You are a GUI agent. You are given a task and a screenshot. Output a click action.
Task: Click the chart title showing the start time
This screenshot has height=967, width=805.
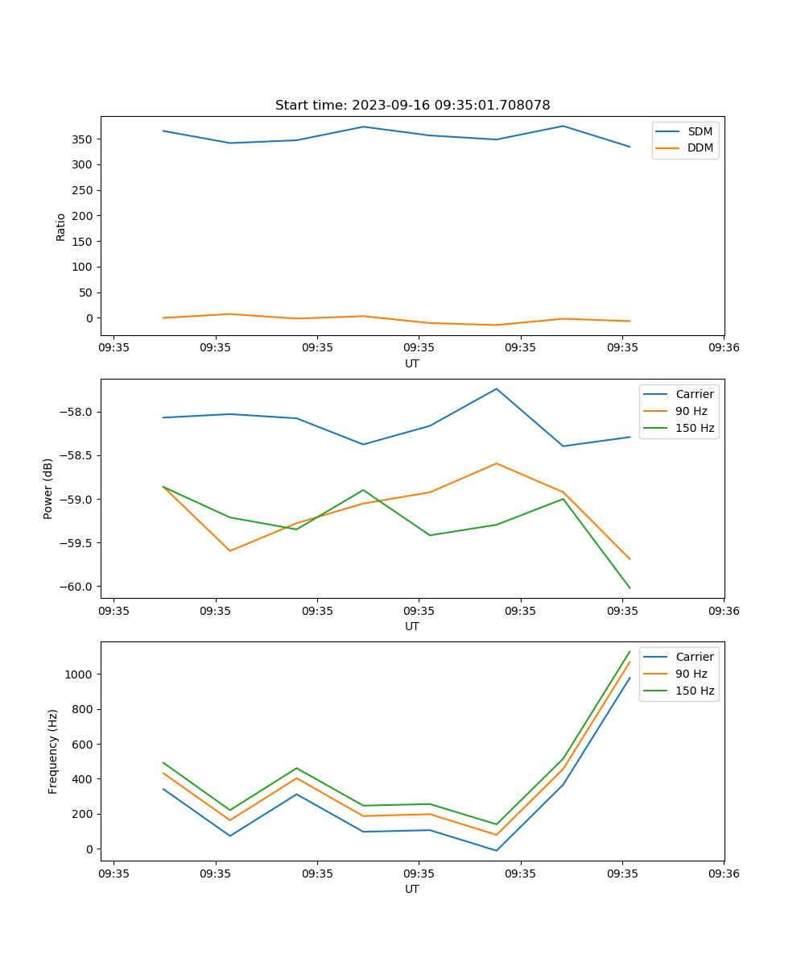pyautogui.click(x=412, y=106)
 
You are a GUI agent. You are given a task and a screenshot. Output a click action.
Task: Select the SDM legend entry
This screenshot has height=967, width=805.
pyautogui.click(x=700, y=131)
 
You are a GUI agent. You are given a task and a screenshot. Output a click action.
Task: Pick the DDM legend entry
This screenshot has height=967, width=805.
pyautogui.click(x=700, y=148)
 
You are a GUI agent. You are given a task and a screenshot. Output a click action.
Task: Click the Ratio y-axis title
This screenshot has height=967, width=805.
pyautogui.click(x=61, y=226)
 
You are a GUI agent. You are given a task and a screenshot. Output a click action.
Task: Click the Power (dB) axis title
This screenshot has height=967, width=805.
pyautogui.click(x=48, y=488)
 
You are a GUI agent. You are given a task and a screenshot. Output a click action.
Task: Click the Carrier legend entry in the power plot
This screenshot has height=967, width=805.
pyautogui.click(x=694, y=394)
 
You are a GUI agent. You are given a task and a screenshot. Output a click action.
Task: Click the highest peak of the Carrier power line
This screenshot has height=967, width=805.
pyautogui.click(x=496, y=389)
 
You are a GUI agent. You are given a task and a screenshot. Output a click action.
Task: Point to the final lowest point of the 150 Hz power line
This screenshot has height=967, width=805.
pyautogui.click(x=630, y=587)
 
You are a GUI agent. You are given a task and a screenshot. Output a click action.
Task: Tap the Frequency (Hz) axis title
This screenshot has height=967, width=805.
pyautogui.click(x=53, y=751)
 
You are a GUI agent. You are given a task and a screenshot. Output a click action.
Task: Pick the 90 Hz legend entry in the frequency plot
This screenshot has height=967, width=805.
pyautogui.click(x=691, y=674)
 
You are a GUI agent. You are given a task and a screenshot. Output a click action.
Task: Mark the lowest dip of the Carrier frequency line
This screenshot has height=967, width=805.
pyautogui.click(x=496, y=850)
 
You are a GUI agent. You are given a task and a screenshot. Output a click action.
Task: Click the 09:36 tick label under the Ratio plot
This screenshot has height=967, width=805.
pyautogui.click(x=723, y=348)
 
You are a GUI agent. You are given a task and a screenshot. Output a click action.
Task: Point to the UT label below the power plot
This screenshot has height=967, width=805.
pyautogui.click(x=412, y=626)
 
